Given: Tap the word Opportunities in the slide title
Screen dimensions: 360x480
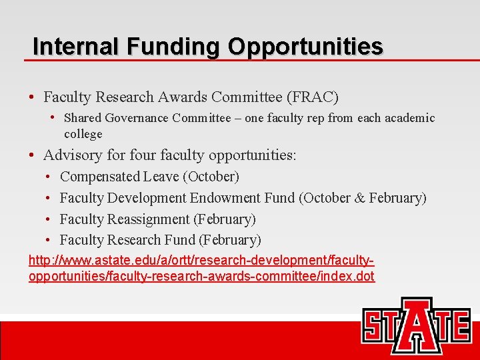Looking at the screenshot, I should click(305, 46).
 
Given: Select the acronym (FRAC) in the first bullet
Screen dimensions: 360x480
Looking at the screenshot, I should click(313, 97).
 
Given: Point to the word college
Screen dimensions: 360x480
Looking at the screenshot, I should click(83, 134).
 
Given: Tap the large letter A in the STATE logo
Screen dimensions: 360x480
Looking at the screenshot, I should click(417, 325).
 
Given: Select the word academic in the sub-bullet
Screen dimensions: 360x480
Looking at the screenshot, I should click(411, 118).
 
